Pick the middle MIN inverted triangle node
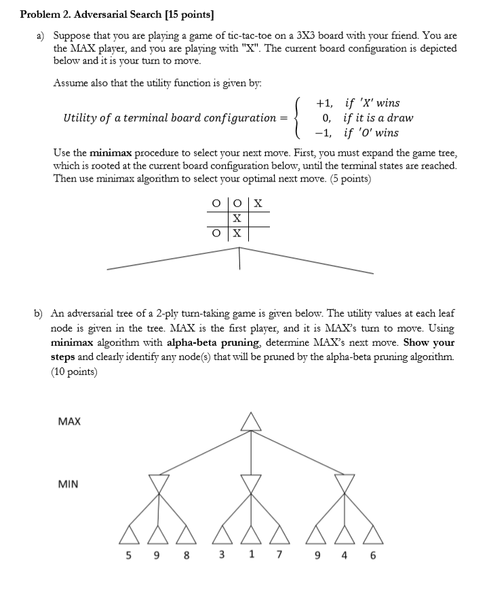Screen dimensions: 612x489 tap(252, 483)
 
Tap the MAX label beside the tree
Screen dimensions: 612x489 tap(69, 422)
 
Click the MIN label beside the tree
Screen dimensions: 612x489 tap(68, 484)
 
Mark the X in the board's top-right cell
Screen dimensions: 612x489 tap(258, 203)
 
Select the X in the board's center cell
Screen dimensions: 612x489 tap(237, 218)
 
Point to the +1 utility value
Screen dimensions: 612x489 tap(324, 103)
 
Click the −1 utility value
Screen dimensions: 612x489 tap(324, 133)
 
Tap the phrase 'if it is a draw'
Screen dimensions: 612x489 tap(378, 118)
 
